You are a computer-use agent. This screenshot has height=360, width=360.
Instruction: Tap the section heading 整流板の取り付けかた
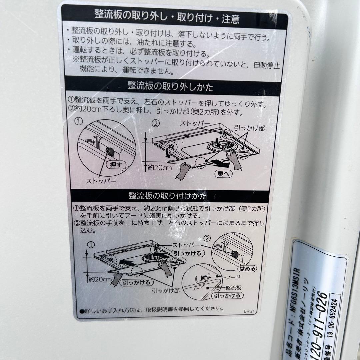pos(168,195)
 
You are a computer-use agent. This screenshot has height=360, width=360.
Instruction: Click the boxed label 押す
pos(115,165)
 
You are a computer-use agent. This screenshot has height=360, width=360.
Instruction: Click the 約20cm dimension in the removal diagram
pos(160,168)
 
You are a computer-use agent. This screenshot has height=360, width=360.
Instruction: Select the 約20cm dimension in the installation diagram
pos(100,279)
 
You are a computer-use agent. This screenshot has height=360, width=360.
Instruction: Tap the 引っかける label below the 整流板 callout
pos(227,295)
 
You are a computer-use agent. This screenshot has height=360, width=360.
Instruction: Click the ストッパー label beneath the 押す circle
pos(101,181)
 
